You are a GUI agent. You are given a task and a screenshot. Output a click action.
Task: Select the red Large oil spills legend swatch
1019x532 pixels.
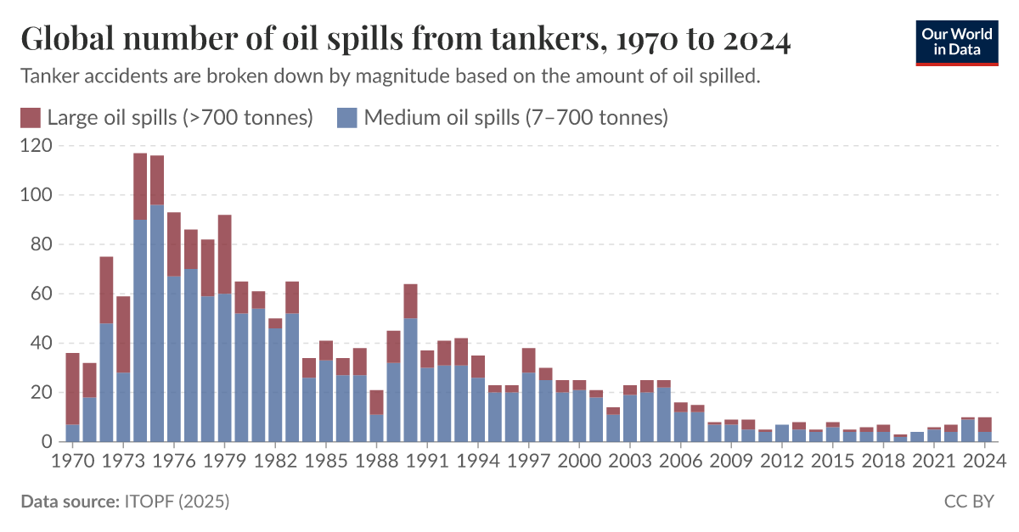(31, 118)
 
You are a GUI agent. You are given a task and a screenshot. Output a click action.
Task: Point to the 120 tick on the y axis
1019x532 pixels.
(36, 146)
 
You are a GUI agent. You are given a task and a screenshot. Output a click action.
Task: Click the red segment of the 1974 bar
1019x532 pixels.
(140, 186)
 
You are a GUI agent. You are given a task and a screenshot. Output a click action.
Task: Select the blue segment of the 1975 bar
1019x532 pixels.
(157, 322)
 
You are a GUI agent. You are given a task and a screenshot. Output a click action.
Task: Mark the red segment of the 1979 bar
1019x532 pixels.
(224, 254)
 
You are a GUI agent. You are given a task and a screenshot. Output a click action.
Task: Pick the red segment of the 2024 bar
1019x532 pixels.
(984, 424)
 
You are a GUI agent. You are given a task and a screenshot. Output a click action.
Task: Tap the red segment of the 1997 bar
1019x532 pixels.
(528, 360)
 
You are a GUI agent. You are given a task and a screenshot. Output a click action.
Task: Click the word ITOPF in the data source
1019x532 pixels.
(149, 502)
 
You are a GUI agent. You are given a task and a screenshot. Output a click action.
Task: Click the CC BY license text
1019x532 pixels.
(968, 502)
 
